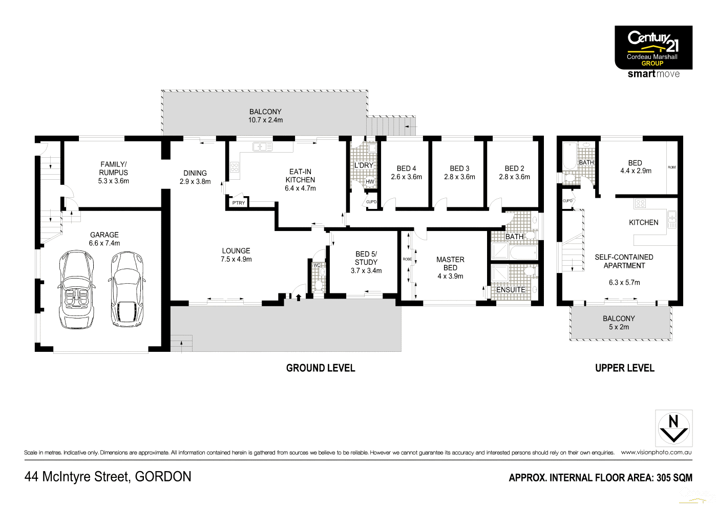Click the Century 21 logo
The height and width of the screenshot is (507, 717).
coord(653,48)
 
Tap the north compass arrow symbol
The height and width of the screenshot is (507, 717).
coord(674,429)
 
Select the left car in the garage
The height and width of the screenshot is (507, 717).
coord(77,289)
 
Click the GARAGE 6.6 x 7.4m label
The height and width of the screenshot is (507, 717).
coord(104,239)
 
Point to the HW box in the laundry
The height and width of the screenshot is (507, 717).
coord(370,182)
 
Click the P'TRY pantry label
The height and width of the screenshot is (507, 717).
coord(239,203)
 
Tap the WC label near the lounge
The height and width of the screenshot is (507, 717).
coord(317,265)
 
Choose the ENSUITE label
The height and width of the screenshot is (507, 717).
coord(511,290)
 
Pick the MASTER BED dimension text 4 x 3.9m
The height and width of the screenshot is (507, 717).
coord(450,276)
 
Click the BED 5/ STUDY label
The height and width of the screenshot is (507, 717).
coord(366,258)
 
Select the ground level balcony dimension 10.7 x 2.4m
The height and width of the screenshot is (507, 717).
coord(265,120)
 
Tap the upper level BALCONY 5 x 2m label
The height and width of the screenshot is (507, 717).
coord(619,323)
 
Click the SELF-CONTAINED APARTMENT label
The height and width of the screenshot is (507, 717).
coord(624,261)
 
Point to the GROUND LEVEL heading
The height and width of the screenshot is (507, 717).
coord(321,368)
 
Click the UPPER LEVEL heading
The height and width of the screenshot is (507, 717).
coord(624,368)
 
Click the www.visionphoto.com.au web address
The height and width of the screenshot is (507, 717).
coord(656,452)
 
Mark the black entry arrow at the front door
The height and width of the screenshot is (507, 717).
coord(299,297)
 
